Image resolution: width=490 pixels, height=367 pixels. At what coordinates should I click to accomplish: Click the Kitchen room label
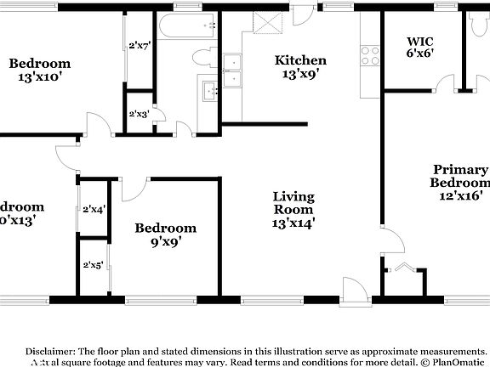299,67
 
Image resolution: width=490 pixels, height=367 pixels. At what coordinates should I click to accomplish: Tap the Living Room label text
293,210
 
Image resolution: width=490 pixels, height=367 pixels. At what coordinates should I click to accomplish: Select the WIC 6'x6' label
420,46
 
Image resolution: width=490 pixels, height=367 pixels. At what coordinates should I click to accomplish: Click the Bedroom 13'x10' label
39,71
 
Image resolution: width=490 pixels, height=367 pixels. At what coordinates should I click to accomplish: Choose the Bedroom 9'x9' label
166,234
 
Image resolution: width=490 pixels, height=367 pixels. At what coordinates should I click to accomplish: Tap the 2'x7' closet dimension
139,46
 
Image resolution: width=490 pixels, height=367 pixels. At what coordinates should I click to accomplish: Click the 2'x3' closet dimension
139,114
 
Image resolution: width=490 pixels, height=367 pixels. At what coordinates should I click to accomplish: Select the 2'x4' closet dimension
94,209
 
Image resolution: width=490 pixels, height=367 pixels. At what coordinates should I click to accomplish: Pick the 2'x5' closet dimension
94,265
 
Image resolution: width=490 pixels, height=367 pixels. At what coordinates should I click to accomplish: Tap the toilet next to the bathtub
203,59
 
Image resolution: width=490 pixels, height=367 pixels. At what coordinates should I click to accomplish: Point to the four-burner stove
370,55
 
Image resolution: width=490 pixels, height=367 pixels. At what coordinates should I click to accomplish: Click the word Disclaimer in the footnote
50,350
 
